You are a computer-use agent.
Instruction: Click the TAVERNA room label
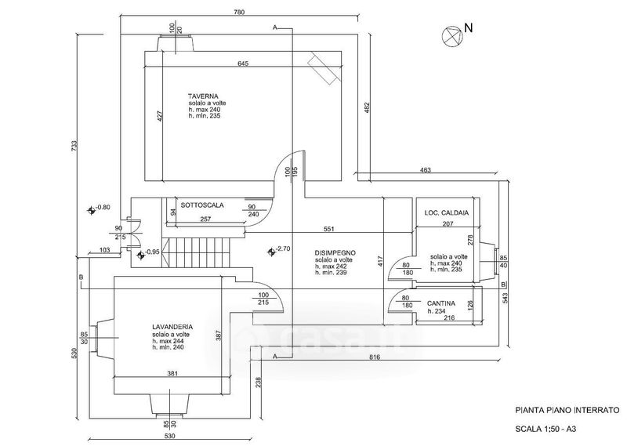(x=203, y=96)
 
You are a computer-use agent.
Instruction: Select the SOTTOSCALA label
(x=202, y=205)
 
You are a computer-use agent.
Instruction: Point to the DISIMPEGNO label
(x=335, y=253)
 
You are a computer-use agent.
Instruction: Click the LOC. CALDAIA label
(x=446, y=212)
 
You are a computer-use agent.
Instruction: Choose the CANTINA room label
(x=441, y=303)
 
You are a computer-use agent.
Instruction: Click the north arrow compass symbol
(x=452, y=35)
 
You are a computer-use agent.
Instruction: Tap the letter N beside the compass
(x=469, y=28)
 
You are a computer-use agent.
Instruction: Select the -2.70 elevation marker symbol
(x=272, y=251)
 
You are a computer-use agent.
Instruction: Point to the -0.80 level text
(x=103, y=207)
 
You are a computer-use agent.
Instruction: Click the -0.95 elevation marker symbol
(x=140, y=255)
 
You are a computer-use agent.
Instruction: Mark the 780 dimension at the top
(x=239, y=12)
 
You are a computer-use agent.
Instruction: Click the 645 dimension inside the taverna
(x=243, y=63)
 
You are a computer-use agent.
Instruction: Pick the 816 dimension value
(x=375, y=357)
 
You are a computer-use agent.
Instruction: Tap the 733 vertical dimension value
(x=74, y=146)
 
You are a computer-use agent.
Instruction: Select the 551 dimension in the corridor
(x=328, y=229)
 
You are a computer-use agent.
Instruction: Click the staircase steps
(x=198, y=252)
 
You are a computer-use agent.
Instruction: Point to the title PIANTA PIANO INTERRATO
(x=567, y=410)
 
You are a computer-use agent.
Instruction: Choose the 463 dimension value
(x=426, y=170)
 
